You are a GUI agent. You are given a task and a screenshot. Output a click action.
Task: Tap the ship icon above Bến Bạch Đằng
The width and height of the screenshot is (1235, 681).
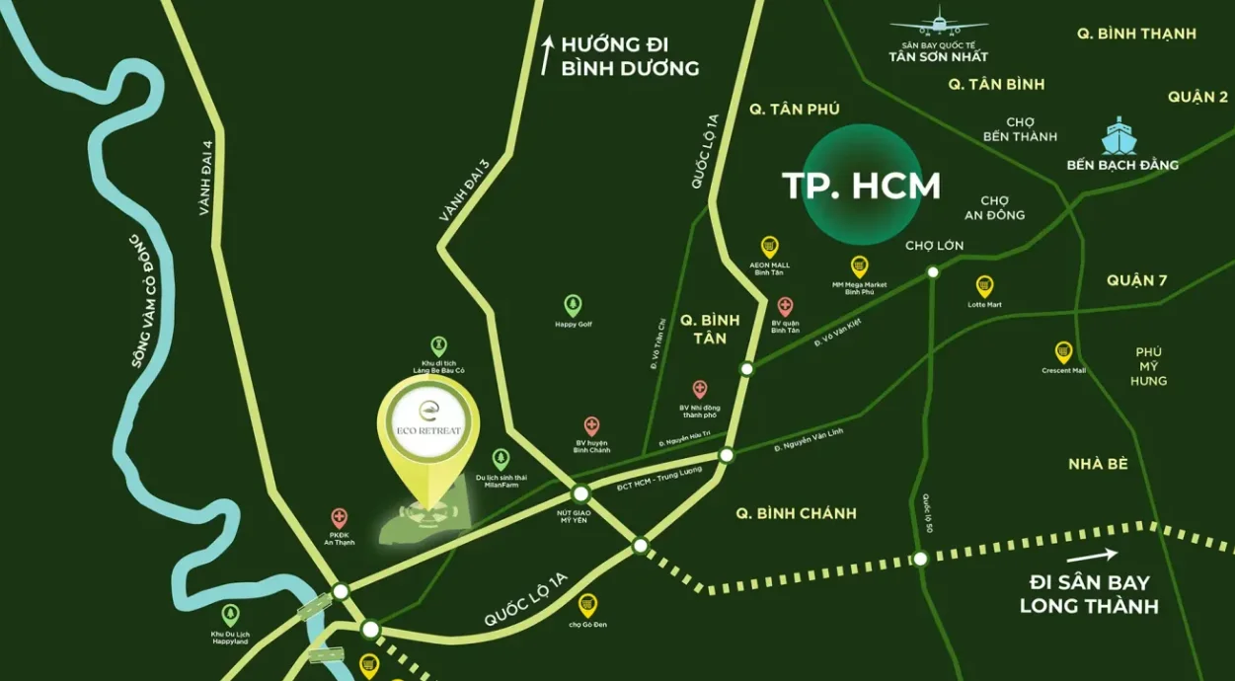pos(1120,136)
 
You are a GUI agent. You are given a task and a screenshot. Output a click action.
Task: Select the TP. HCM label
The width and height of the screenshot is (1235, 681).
pos(861,186)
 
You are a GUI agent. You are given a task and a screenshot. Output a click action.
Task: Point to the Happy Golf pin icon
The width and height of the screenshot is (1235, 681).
pos(573,305)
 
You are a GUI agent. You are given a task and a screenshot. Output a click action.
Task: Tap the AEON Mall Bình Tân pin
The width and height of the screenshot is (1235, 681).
pos(770,247)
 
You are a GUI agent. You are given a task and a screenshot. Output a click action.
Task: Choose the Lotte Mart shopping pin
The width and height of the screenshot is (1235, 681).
pos(984,286)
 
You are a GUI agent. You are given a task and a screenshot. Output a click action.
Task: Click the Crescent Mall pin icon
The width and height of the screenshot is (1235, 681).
pos(1063,352)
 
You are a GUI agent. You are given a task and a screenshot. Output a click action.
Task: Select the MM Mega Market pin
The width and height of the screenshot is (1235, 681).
pos(860,266)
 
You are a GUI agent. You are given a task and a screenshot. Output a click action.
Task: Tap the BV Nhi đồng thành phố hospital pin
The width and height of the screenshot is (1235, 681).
pos(700,390)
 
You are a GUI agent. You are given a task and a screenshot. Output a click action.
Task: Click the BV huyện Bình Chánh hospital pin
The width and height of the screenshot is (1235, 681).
pos(591,426)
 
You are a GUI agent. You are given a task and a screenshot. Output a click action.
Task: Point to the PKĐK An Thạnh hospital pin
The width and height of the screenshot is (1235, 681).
pos(340,518)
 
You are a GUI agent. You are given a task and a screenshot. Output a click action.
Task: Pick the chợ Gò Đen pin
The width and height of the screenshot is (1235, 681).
pos(587,604)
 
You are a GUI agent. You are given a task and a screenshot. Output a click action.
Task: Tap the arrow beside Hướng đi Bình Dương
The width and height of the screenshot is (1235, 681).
pos(546,55)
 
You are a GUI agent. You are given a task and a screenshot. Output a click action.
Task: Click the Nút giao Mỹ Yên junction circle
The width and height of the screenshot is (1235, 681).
pos(580,493)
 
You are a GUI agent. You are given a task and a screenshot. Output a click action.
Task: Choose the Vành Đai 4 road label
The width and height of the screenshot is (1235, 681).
pos(207,179)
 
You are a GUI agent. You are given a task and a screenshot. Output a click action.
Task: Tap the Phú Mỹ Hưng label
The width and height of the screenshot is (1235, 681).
pos(1148,366)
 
